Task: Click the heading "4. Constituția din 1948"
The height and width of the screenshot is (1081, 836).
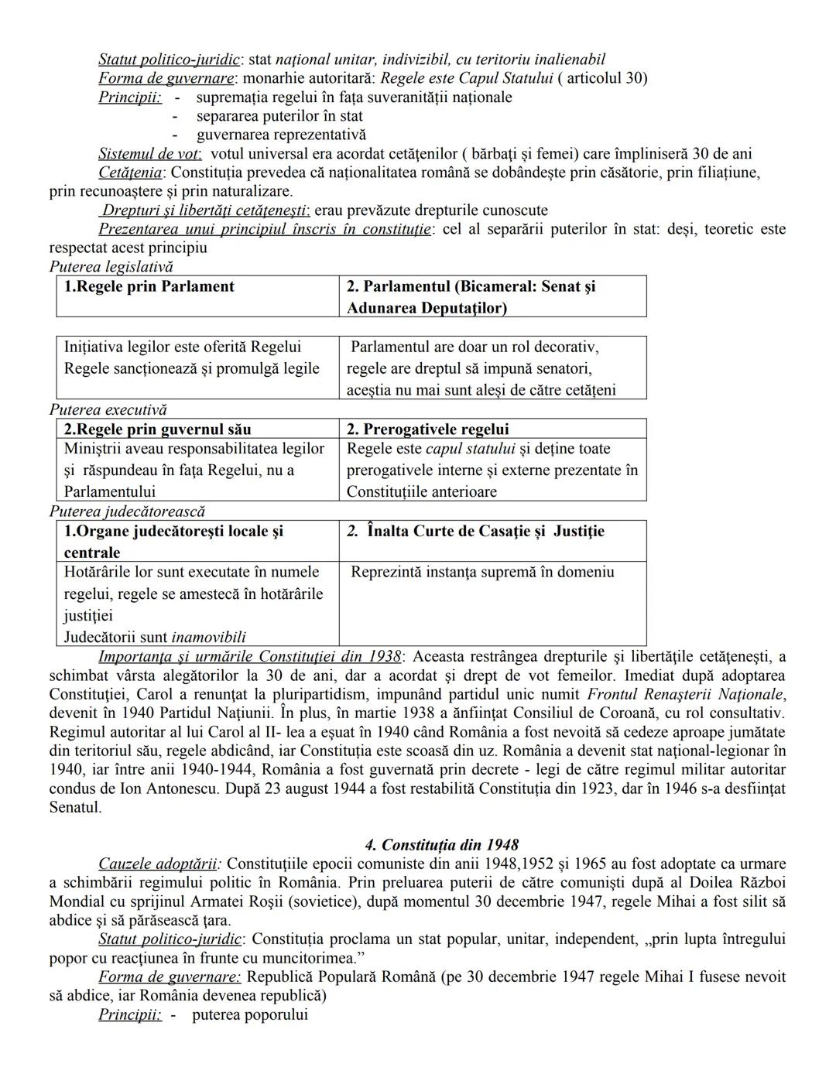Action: [x=441, y=845]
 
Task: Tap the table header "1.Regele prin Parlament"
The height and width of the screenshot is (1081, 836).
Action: [x=149, y=287]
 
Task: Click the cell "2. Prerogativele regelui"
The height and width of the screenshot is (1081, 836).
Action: [x=427, y=429]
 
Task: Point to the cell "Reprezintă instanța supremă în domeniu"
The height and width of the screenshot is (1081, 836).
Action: [x=481, y=573]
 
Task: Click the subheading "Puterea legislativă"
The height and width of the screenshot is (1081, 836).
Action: [x=111, y=267]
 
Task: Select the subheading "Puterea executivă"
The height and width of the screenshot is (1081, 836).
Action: [x=108, y=410]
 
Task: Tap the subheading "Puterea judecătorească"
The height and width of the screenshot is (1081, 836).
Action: [x=127, y=511]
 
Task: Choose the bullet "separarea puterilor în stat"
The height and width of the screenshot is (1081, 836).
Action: [x=279, y=116]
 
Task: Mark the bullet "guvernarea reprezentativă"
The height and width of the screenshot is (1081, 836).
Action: [x=270, y=135]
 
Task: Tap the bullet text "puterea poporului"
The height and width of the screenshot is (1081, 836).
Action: [x=249, y=1014]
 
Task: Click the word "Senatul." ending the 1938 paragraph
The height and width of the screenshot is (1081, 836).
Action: [x=75, y=807]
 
